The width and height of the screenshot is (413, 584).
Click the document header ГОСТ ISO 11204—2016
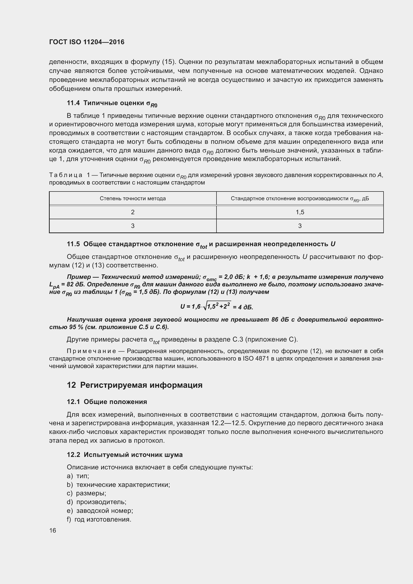[87, 42]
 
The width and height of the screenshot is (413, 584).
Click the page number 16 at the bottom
[53, 530]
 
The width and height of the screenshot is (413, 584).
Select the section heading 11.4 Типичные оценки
[112, 103]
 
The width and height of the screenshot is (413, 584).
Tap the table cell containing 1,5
[300, 212]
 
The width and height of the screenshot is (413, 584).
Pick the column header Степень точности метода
[133, 198]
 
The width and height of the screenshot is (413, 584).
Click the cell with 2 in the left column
[133, 212]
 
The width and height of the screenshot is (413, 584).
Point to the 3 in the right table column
[300, 226]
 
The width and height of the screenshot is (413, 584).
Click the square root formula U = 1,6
[216, 306]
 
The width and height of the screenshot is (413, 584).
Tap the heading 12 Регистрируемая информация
[135, 385]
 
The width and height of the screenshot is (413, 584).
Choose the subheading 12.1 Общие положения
[107, 402]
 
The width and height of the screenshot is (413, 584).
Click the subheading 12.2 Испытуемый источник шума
[125, 454]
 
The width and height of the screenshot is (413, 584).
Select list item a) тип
[78, 476]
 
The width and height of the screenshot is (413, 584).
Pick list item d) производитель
[97, 502]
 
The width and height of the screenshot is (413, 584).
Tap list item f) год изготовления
[99, 519]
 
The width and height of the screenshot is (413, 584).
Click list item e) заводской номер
[100, 511]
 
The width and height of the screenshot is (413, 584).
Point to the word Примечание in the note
[91, 351]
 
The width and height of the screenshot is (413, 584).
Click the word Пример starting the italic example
[79, 277]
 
